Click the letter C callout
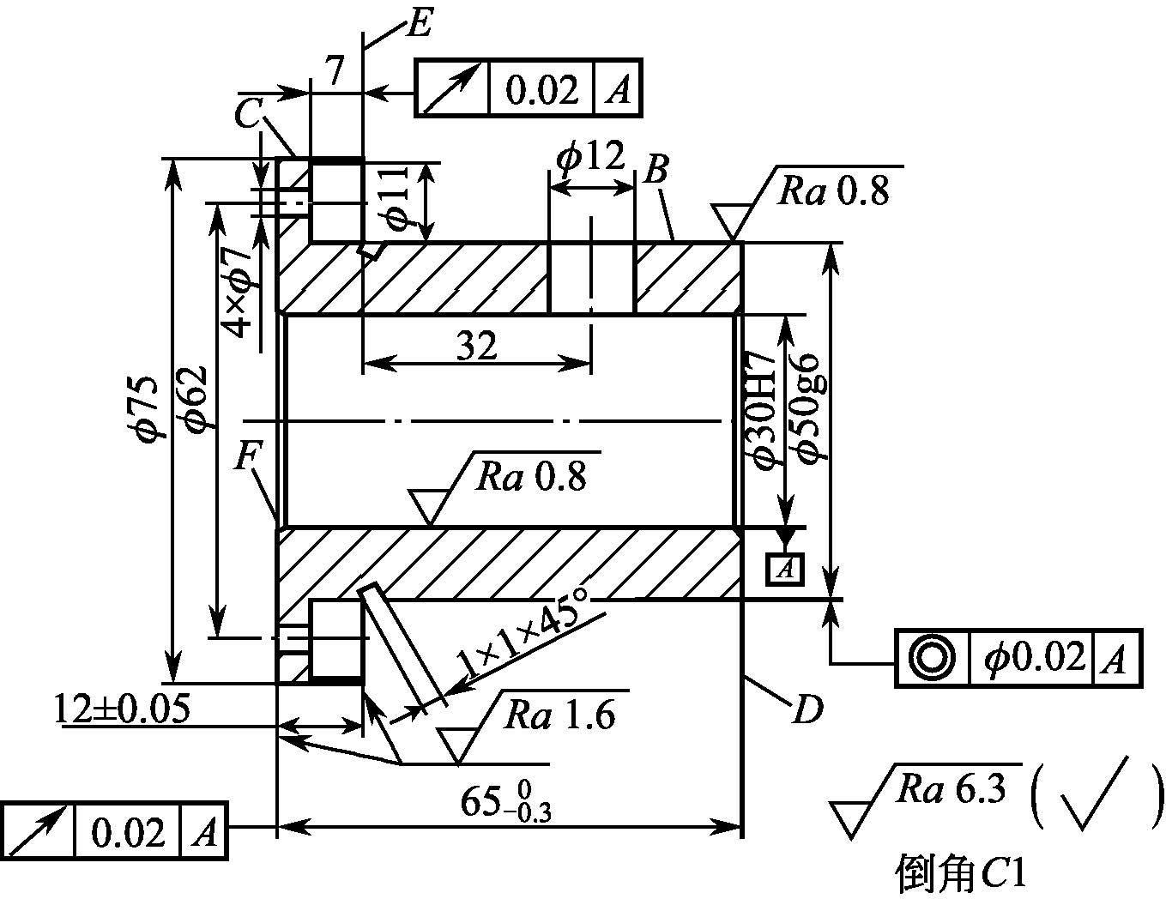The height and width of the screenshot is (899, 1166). pos(248,114)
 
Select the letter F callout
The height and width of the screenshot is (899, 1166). pos(247,455)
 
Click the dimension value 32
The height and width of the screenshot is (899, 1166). pos(476,345)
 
